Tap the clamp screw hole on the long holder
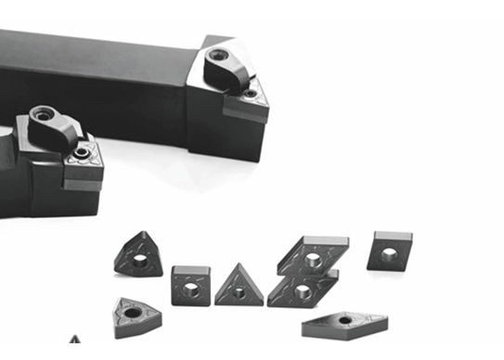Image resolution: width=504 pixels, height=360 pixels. [218, 56]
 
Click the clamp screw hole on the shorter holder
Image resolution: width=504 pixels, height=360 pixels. [45, 115]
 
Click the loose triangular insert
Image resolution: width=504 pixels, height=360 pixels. [239, 287]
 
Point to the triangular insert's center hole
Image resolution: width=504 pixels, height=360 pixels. [239, 292]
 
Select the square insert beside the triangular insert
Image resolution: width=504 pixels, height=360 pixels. [189, 285]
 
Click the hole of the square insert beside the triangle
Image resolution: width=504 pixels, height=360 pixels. [189, 289]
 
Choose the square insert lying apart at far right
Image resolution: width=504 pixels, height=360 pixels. [389, 251]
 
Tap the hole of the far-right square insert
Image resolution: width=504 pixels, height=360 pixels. [388, 254]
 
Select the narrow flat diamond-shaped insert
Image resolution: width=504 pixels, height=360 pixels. [344, 325]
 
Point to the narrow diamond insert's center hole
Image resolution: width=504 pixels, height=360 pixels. [344, 321]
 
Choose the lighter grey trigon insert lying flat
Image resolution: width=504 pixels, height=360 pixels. [135, 316]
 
